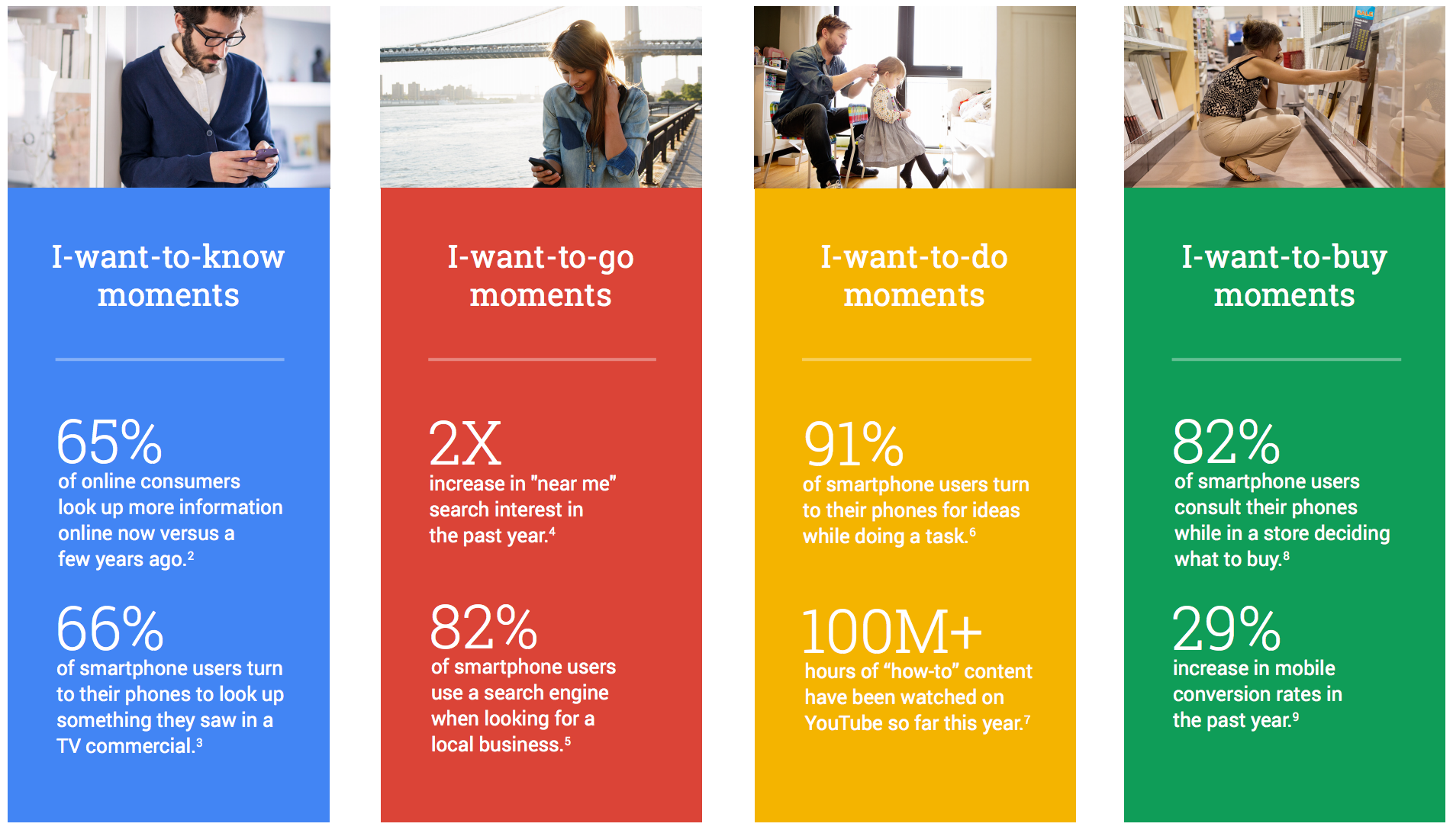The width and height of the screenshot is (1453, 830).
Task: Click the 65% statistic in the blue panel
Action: (109, 442)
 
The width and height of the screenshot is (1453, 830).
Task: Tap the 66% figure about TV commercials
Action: (110, 628)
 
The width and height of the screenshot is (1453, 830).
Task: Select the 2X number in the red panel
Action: (465, 443)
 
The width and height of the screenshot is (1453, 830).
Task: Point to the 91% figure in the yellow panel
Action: (854, 444)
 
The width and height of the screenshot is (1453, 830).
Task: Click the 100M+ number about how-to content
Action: (892, 632)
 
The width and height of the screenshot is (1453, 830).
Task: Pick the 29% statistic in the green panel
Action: (1226, 628)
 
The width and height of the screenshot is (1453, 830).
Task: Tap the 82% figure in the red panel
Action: (484, 627)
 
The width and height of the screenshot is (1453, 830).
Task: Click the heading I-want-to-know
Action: (168, 257)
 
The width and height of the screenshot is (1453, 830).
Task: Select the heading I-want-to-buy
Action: (1284, 258)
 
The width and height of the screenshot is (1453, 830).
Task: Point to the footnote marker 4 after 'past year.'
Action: (552, 532)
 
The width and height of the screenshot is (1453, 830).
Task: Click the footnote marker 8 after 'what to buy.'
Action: (1287, 556)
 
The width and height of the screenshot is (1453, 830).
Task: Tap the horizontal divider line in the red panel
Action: (542, 359)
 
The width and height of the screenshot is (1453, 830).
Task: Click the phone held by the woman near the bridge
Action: (543, 166)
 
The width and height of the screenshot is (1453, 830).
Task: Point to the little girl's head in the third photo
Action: (890, 72)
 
